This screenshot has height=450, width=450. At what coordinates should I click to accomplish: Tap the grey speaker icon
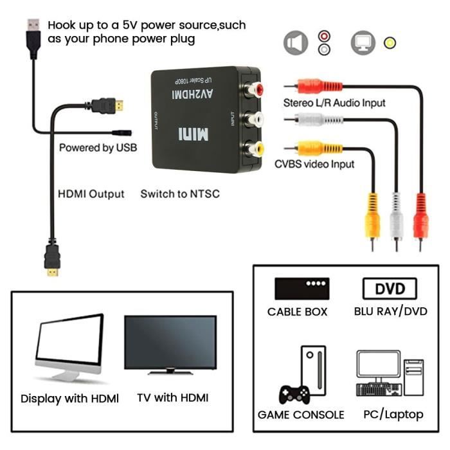click(295, 44)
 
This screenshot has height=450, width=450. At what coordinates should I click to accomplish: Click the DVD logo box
click(390, 289)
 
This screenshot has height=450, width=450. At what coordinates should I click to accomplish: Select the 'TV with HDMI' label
click(173, 398)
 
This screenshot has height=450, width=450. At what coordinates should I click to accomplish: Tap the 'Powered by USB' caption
click(98, 148)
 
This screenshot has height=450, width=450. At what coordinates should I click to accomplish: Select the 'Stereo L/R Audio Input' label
click(334, 103)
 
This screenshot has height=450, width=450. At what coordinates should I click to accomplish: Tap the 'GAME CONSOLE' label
click(301, 415)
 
